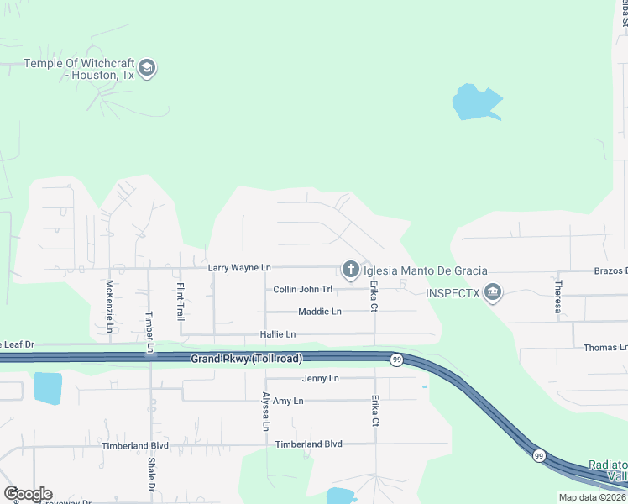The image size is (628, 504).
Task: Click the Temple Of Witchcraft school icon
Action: pos(147,68)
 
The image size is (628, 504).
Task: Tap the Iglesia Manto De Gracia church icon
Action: pos(350,270)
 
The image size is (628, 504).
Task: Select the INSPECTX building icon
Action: pos(493,293)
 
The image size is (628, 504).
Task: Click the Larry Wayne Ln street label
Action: pos(239,267)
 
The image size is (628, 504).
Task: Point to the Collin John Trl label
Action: pos(303,290)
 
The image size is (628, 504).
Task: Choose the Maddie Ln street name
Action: pos(320,312)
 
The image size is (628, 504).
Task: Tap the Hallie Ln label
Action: pos(278,334)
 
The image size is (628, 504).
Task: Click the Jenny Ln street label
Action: pos(321,379)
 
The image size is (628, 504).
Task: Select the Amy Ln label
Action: pos(288,402)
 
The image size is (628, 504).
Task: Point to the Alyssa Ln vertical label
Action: pos(265,412)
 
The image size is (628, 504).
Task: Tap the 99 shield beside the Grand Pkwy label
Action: pos(395,360)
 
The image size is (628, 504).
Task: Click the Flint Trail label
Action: pos(180,302)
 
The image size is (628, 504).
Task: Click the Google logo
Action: pos(28,493)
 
